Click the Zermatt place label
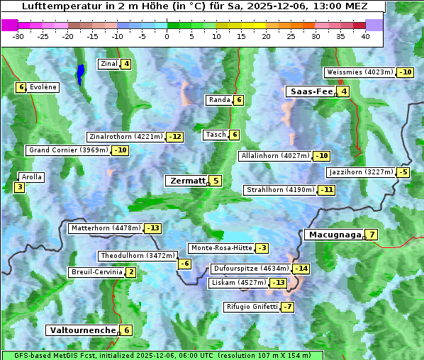(x=186, y=181)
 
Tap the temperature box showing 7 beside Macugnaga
(x=372, y=235)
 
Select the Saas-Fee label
(x=310, y=91)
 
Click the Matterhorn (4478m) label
(x=106, y=228)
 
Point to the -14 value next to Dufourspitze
(x=301, y=269)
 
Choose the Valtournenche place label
(x=82, y=330)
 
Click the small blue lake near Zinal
(x=81, y=72)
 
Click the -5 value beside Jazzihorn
(x=403, y=172)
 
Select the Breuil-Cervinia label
(x=96, y=272)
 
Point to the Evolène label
(x=43, y=87)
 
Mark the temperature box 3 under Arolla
(x=19, y=187)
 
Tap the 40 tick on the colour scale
(x=365, y=37)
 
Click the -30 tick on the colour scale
(x=18, y=37)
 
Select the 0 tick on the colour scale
(x=167, y=37)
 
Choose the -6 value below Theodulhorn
(x=184, y=264)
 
